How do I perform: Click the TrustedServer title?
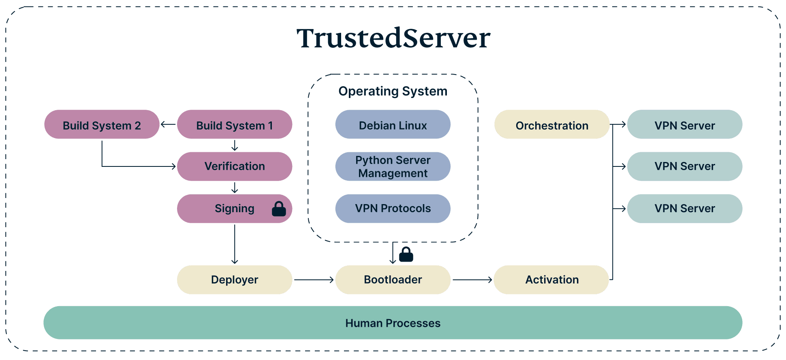coord(393,38)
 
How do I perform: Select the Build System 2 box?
coord(101,125)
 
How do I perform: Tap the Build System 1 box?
coord(234,125)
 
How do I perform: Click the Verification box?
coord(234,166)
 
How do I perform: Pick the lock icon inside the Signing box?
coord(279,209)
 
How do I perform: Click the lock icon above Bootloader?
coord(406,255)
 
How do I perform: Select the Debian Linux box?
coord(393,125)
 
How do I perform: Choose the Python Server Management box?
coord(393,166)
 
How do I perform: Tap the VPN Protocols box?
coord(393,209)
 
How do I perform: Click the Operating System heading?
coord(393,91)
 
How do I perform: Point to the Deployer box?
coord(234,280)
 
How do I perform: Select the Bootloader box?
coord(393,280)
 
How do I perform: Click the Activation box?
coord(551,280)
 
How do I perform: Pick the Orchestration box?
coord(551,125)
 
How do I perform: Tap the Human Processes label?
coord(393,323)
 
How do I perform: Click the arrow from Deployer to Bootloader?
coord(314,280)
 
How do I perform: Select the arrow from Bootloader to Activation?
coord(472,280)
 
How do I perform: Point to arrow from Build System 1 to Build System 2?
coord(168,124)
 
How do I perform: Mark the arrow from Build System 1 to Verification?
coord(235,145)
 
